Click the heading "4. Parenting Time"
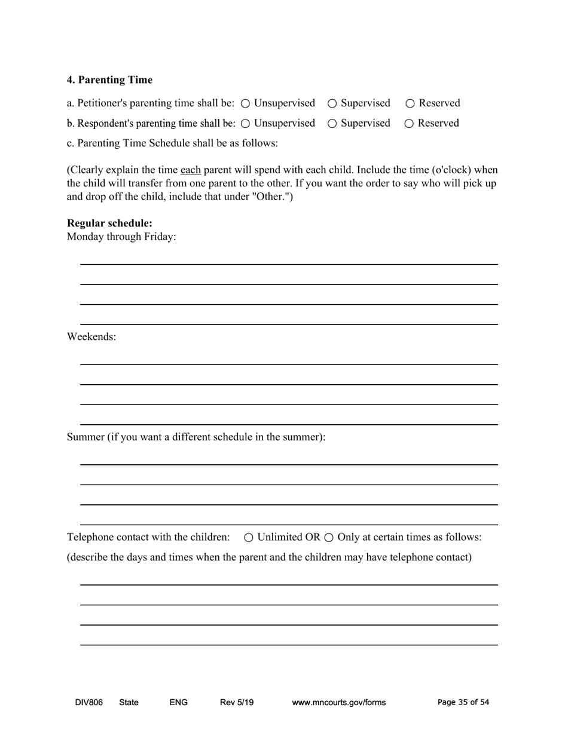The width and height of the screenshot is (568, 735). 109,80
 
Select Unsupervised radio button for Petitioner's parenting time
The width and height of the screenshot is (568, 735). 245,103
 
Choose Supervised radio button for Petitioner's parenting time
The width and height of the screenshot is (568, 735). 332,103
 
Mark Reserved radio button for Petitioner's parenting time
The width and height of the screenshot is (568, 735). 410,103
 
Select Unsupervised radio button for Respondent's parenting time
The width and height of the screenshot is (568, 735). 245,124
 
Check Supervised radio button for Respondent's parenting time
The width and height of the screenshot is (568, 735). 332,124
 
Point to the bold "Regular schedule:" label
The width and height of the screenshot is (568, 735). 109,223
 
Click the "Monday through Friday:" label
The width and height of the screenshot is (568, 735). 121,237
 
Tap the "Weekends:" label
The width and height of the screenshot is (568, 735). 91,337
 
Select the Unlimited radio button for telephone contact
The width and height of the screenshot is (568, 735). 249,538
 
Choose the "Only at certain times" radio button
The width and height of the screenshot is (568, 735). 329,538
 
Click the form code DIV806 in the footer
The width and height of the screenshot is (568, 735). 88,703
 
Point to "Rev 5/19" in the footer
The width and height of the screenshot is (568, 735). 237,703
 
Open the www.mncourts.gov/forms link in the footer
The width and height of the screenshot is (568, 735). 338,703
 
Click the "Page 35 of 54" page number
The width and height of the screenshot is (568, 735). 463,703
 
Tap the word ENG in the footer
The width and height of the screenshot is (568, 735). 178,703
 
